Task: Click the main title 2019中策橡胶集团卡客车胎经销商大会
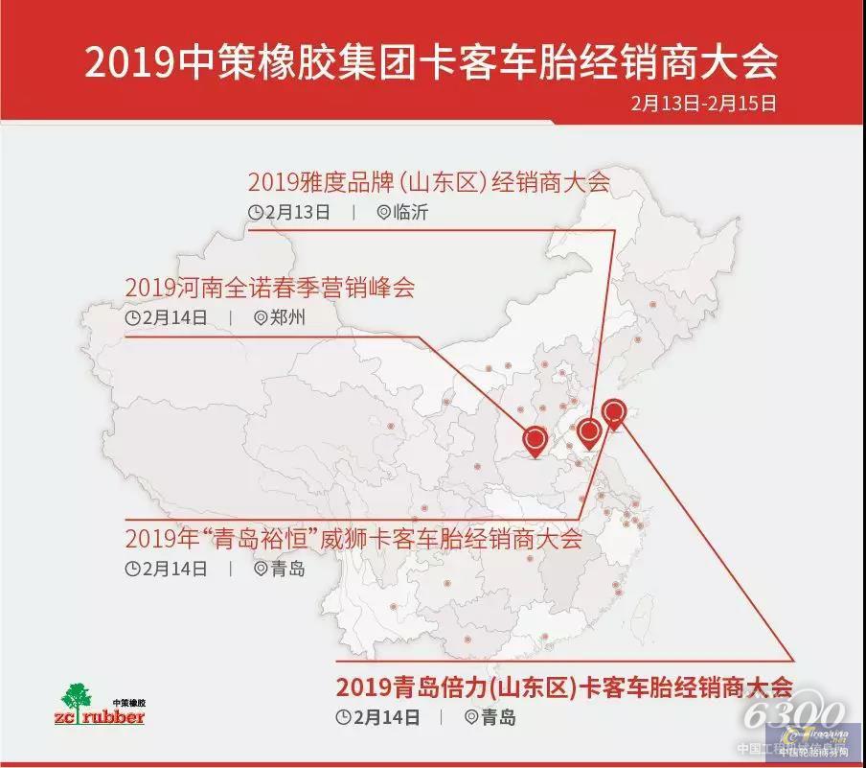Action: point(431,63)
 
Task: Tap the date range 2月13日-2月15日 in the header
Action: point(703,104)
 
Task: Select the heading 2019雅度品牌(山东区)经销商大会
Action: point(428,182)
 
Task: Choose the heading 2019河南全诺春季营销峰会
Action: point(270,288)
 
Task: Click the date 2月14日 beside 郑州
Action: point(174,318)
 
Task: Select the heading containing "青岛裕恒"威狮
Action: point(353,538)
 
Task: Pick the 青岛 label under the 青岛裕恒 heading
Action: point(287,569)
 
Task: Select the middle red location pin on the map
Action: point(590,432)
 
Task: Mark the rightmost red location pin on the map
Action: point(615,412)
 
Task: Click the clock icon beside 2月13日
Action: point(256,213)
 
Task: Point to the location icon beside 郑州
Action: point(261,318)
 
